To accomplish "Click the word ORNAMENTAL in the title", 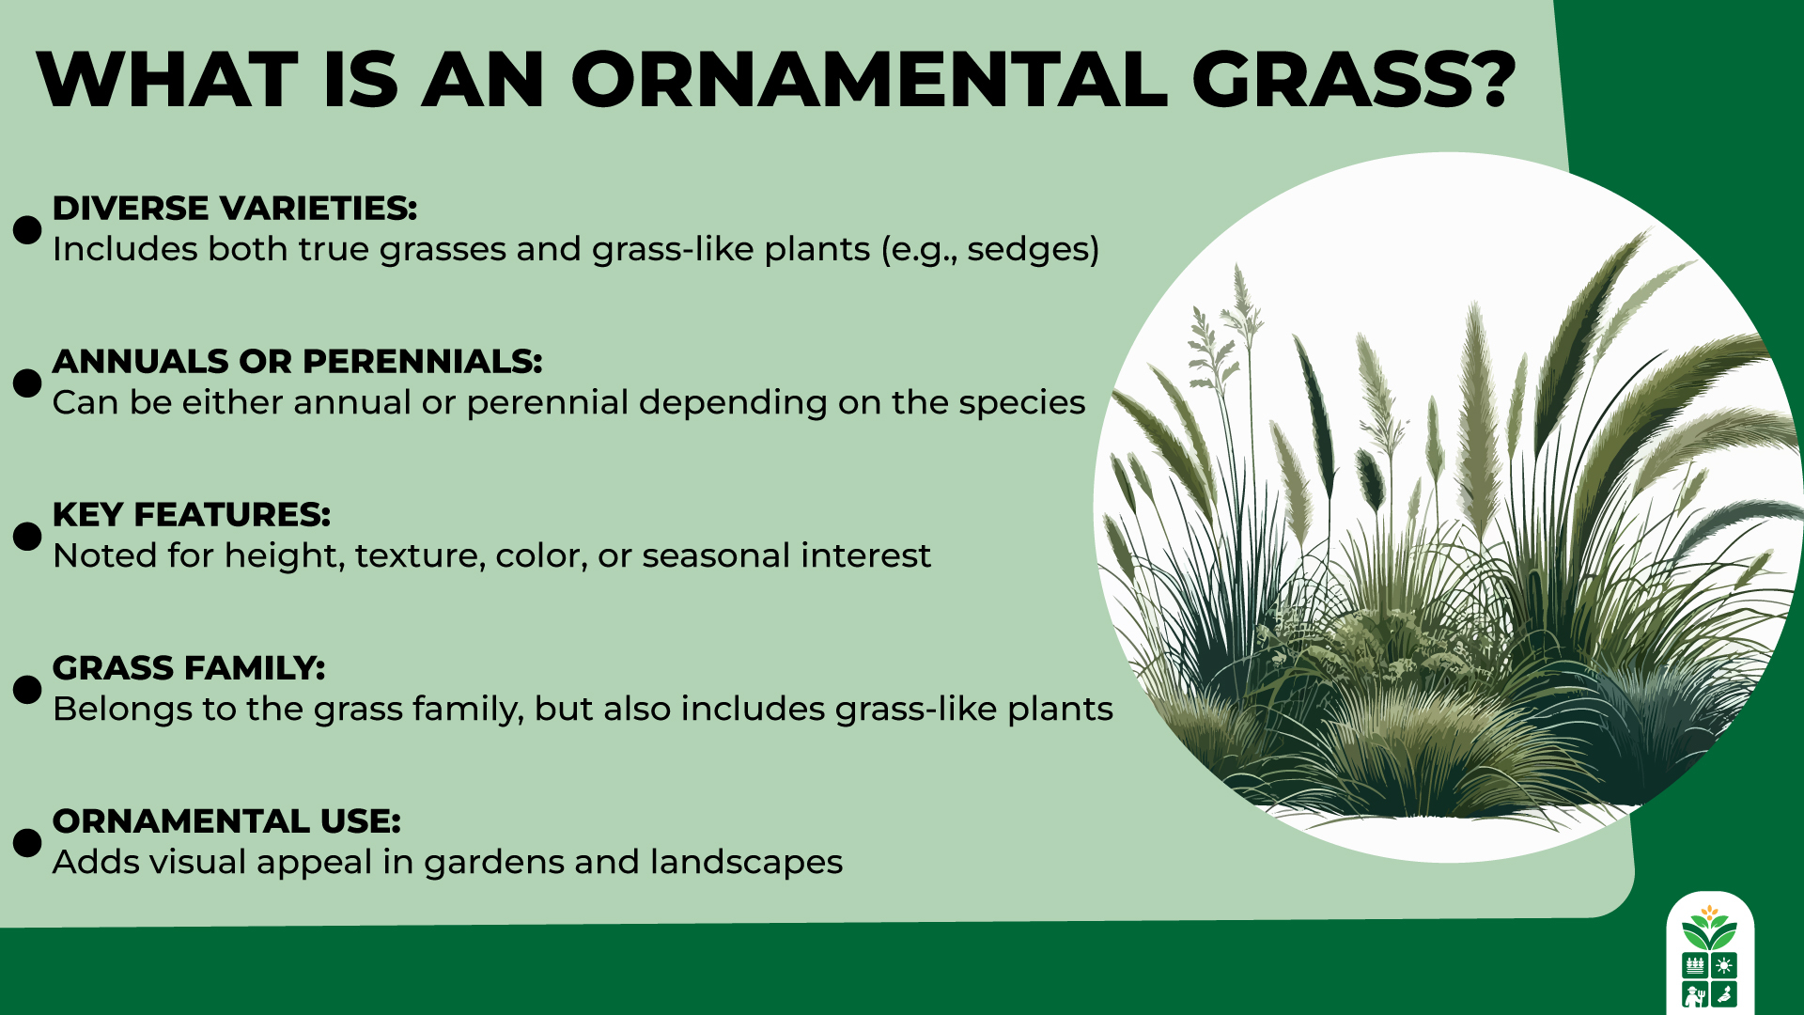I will pyautogui.click(x=869, y=80).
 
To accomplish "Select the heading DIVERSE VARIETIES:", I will pyautogui.click(x=234, y=209).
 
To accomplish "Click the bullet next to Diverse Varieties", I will pyautogui.click(x=27, y=229).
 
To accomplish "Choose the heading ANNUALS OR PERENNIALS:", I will pyautogui.click(x=297, y=362).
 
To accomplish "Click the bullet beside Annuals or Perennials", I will pyautogui.click(x=27, y=383).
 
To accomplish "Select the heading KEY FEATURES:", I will pyautogui.click(x=191, y=515).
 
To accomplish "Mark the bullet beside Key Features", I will pyautogui.click(x=27, y=536).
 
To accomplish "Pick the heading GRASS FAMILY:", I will pyautogui.click(x=188, y=668).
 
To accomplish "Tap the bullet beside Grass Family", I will pyautogui.click(x=27, y=689).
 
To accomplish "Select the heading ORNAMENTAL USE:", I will pyautogui.click(x=225, y=821).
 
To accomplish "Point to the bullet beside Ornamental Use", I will pyautogui.click(x=27, y=842).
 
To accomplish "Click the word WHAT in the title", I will pyautogui.click(x=167, y=80).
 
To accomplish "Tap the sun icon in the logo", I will pyautogui.click(x=1724, y=965).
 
